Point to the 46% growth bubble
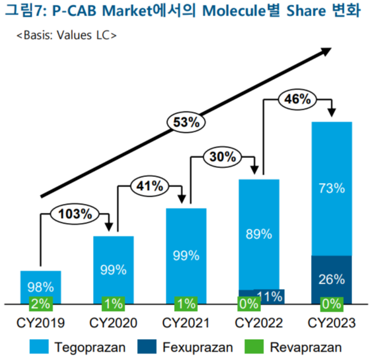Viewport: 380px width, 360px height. pos(296,99)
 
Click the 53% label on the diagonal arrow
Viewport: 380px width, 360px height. pos(184,121)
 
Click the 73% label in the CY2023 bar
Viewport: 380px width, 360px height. pos(331,188)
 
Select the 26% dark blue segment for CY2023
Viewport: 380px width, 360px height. pos(331,280)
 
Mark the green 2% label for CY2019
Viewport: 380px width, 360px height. pos(40,302)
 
